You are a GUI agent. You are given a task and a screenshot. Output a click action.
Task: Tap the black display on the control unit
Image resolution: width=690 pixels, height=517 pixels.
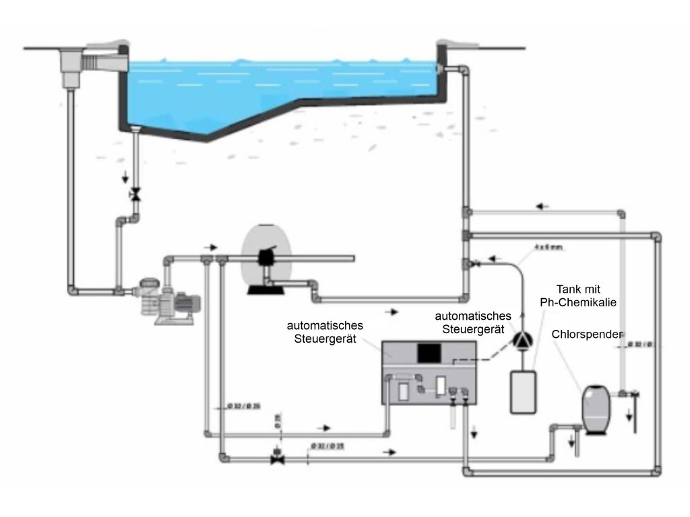(429, 351)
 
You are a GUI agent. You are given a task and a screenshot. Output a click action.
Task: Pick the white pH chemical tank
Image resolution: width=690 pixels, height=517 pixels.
(522, 392)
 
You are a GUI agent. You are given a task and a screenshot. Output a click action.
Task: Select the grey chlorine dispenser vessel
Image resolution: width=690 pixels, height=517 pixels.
(596, 408)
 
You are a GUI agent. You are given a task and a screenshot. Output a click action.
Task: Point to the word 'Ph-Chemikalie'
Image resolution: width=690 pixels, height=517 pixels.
(578, 302)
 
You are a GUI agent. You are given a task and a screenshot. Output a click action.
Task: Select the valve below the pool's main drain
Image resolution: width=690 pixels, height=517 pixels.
(135, 195)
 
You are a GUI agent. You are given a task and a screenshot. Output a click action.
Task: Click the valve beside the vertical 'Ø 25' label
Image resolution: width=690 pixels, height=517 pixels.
(277, 457)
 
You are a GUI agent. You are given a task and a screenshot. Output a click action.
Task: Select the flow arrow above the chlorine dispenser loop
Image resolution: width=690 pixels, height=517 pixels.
(544, 205)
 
